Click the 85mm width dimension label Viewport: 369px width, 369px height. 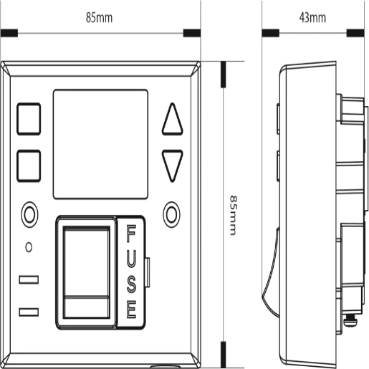[99, 18]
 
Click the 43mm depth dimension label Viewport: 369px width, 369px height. [312, 18]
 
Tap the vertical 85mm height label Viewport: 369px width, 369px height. [234, 216]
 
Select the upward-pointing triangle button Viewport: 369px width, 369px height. [172, 119]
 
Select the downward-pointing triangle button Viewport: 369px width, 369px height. [172, 166]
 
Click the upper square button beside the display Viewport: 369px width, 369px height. [29, 119]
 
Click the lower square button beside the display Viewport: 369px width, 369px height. [29, 166]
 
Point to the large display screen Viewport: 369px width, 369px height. [100, 144]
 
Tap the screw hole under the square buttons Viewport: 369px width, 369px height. [29, 214]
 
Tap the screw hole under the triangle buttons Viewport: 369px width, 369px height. [171, 214]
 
